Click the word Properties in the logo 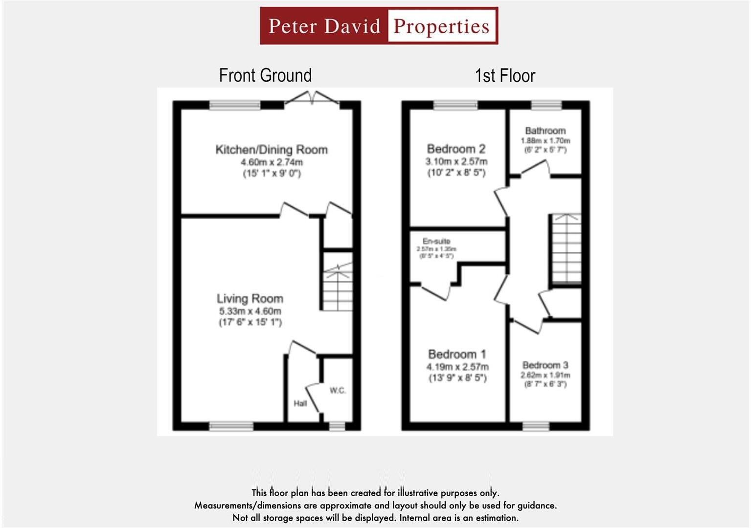point(441,26)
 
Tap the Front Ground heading point(265,75)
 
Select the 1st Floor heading point(505,76)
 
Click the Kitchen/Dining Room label point(272,150)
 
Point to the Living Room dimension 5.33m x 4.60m point(250,311)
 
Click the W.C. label point(338,390)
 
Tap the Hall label point(300,403)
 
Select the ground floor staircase point(337,282)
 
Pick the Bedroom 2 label point(456,149)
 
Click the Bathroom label point(545,131)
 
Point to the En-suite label point(436,241)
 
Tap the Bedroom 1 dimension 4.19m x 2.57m point(457,367)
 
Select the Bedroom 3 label point(545,365)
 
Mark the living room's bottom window point(231,426)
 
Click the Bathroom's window point(546,105)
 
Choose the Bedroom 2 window point(455,105)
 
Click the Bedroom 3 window point(536,426)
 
